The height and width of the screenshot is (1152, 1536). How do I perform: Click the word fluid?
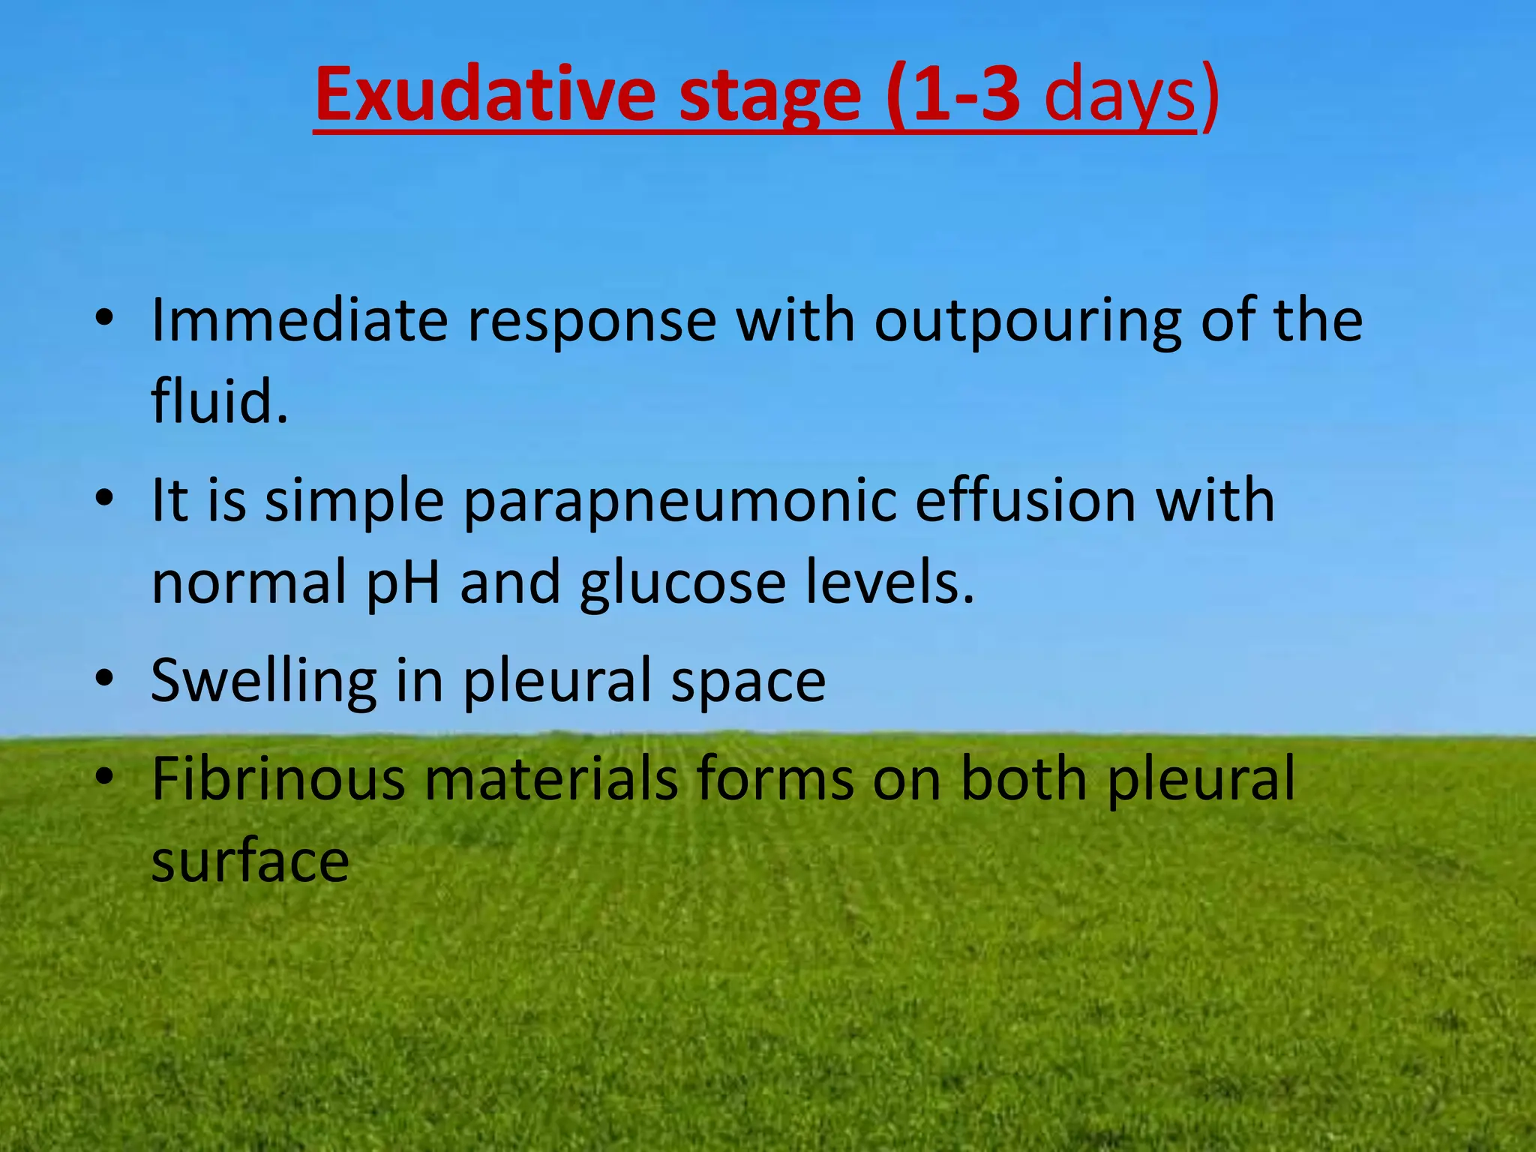click(x=219, y=400)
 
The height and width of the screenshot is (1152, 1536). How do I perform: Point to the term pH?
click(x=403, y=583)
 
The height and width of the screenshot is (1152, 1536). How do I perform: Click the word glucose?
click(x=682, y=583)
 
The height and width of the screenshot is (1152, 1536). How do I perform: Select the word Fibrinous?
click(x=278, y=779)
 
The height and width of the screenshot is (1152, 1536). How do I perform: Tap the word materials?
click(x=552, y=779)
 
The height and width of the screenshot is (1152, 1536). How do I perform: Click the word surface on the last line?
click(x=250, y=862)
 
